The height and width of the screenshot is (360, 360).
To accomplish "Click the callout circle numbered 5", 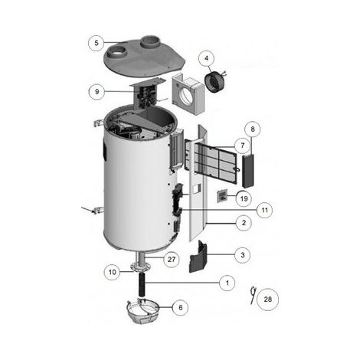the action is pos(97,43).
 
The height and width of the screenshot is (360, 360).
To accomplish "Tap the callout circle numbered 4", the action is pos(207,58).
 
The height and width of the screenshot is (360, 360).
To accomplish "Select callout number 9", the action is pos(97,92).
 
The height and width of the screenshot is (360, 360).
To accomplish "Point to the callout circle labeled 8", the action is pos(253,129).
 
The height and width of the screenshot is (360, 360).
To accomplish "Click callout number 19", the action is pos(244,198).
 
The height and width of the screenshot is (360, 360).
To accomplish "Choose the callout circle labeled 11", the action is pos(265,210).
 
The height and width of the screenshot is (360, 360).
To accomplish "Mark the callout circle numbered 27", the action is pos(172,260).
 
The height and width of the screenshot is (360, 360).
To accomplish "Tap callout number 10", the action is pos(113,272).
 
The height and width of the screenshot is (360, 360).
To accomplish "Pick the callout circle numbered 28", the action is pos(267,299).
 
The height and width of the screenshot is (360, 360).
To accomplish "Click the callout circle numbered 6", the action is pos(181,307).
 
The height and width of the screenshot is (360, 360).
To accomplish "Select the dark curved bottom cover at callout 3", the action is pos(198,256).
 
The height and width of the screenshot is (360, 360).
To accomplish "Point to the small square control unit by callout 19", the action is pos(222,196).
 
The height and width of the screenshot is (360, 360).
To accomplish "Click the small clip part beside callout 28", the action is pos(253,295).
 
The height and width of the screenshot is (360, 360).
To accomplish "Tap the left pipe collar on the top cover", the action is pos(118,53).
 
